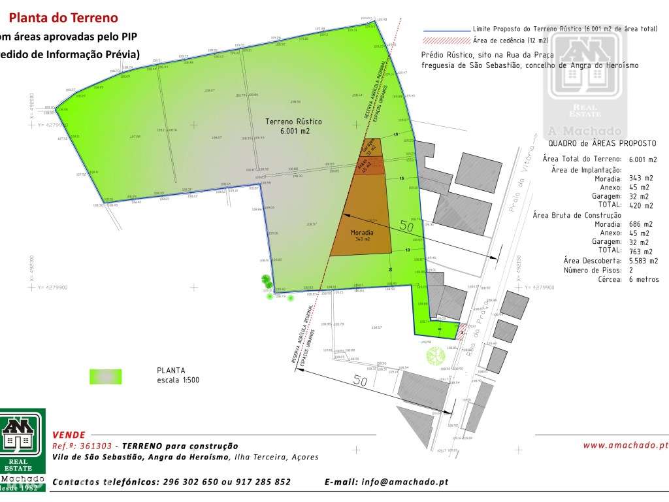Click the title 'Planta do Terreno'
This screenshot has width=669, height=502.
[x=63, y=18]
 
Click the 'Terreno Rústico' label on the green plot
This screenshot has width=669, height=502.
[x=293, y=122]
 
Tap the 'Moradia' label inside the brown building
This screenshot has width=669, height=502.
[x=362, y=233]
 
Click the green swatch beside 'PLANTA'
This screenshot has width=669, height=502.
[x=105, y=376]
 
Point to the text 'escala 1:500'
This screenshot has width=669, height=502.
[x=178, y=380]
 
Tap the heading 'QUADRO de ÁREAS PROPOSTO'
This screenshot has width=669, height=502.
[x=602, y=144]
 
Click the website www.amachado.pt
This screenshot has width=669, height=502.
[x=626, y=445]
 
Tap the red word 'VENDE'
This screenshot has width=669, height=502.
[x=68, y=434]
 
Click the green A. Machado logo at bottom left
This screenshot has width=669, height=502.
[x=23, y=450]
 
